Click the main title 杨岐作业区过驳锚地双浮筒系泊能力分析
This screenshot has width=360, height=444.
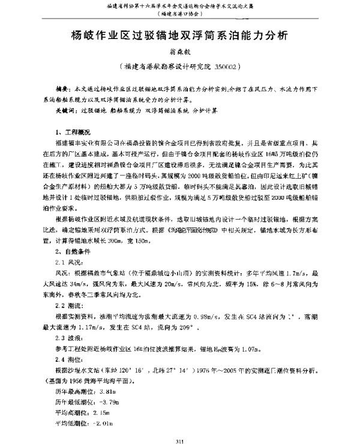click(180, 34)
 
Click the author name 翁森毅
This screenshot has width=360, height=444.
click(180, 53)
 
